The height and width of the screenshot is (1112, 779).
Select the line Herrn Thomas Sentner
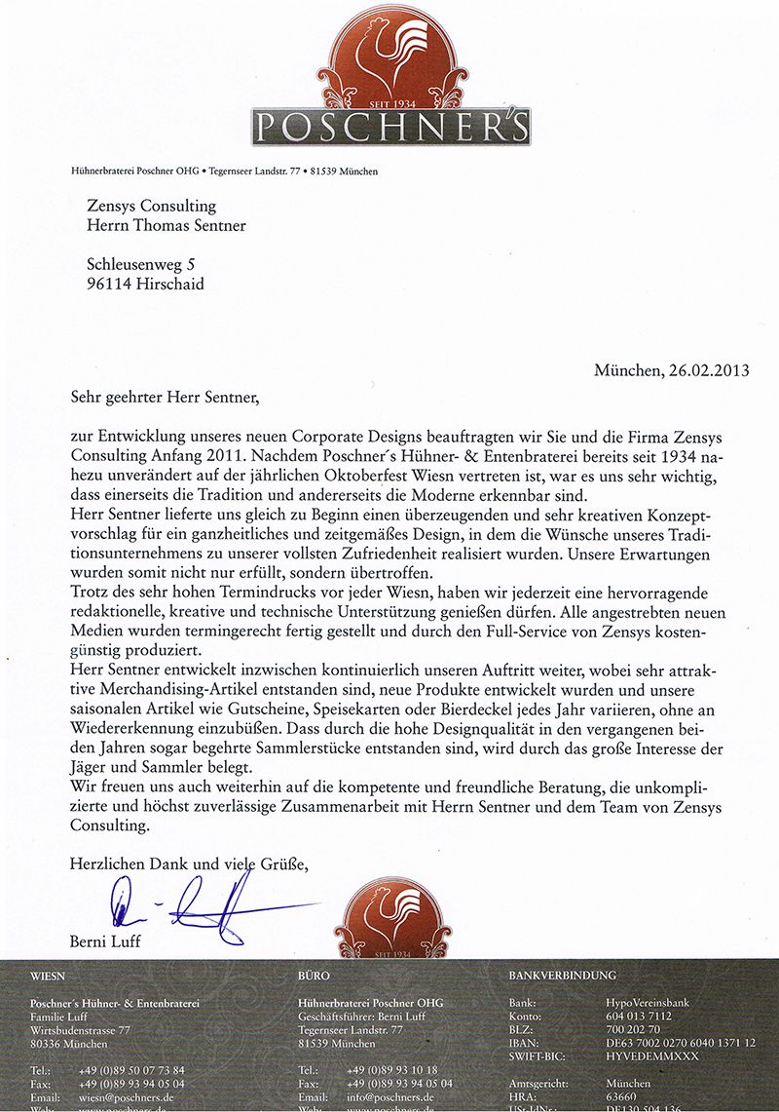pyautogui.click(x=167, y=227)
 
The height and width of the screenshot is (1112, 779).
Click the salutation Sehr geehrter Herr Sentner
pyautogui.click(x=167, y=398)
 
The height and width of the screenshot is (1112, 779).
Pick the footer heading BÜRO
pyautogui.click(x=314, y=975)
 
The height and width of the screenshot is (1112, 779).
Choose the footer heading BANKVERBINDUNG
pyautogui.click(x=562, y=975)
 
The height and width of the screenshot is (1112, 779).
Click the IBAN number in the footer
pyautogui.click(x=680, y=1043)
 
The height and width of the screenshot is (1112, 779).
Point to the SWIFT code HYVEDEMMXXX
pyautogui.click(x=651, y=1055)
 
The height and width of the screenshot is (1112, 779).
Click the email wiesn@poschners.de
pyautogui.click(x=130, y=1096)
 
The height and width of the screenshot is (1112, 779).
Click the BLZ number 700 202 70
pyautogui.click(x=633, y=1029)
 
